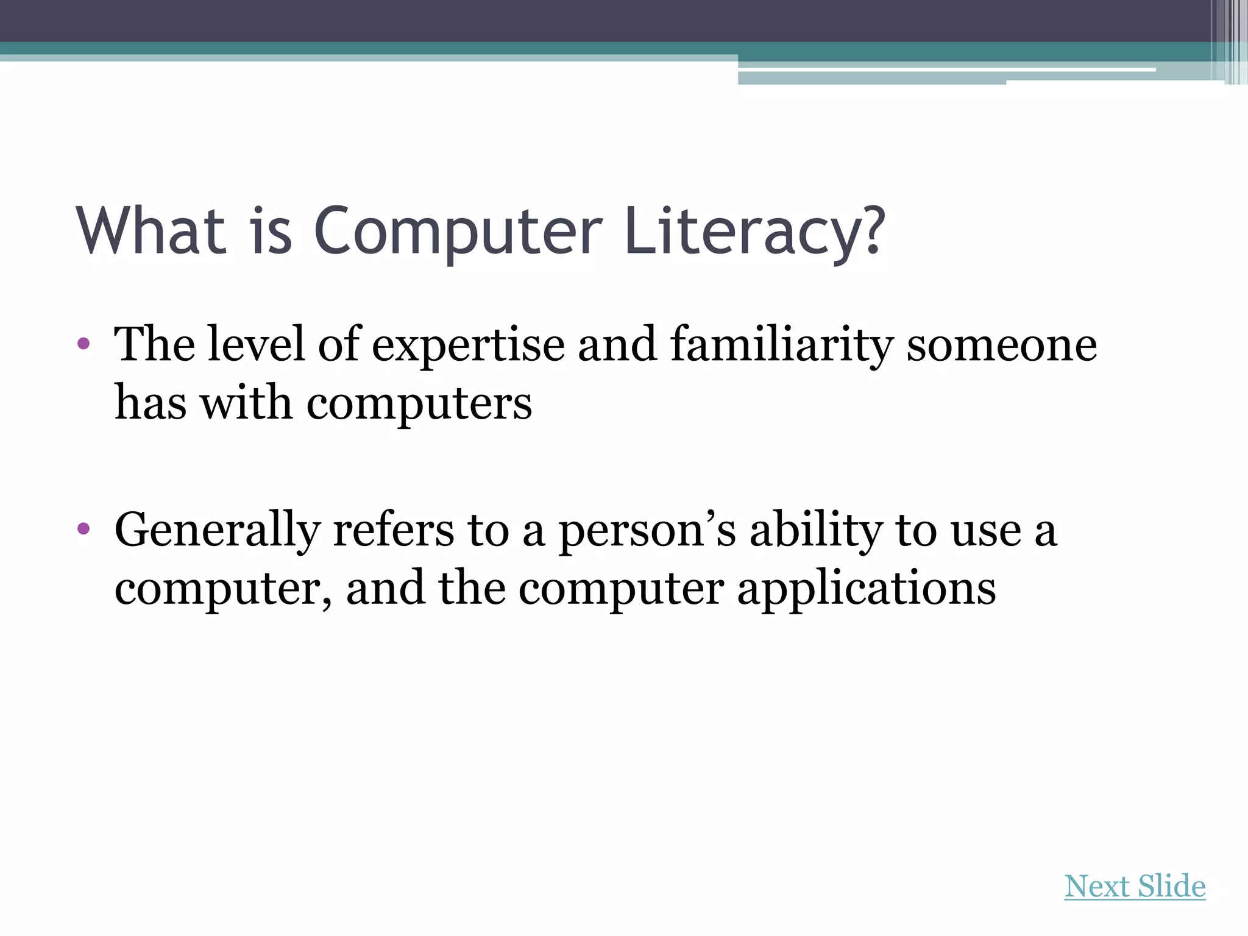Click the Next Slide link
coord(1135,887)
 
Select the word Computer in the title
coord(458,232)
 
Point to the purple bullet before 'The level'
coord(84,344)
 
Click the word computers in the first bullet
coord(419,403)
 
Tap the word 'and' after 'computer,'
coord(385,589)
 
